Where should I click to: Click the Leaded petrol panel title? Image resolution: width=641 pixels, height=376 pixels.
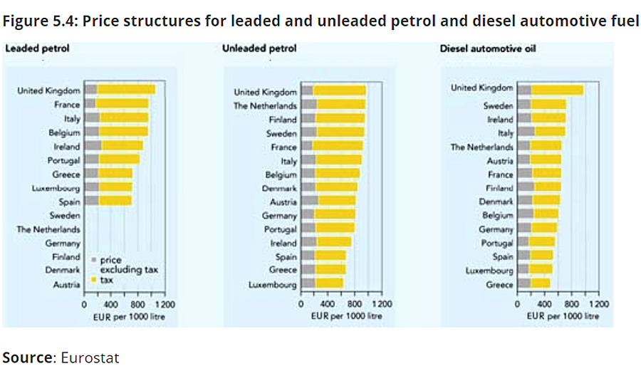click(37, 48)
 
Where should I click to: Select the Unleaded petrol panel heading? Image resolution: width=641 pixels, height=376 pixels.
click(259, 48)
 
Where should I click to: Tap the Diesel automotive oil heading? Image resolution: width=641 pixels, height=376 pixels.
click(488, 48)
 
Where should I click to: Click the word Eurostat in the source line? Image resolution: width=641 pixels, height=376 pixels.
click(90, 357)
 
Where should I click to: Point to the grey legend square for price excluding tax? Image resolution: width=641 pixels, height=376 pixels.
click(93, 260)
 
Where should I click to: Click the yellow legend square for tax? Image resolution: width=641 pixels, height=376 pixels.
click(93, 280)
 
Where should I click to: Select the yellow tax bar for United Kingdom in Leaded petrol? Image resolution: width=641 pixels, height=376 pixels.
click(126, 90)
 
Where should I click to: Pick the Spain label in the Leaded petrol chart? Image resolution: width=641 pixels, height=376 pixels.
click(69, 202)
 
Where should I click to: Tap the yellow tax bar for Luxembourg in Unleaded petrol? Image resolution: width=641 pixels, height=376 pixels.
click(329, 283)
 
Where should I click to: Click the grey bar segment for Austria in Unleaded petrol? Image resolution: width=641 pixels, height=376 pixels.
click(310, 201)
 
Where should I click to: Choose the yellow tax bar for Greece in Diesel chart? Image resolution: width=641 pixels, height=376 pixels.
click(541, 283)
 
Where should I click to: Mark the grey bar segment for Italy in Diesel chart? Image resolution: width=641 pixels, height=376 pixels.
click(526, 132)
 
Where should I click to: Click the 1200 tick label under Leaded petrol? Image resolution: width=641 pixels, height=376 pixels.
click(165, 305)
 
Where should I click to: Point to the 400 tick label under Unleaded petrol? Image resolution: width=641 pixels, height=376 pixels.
click(328, 304)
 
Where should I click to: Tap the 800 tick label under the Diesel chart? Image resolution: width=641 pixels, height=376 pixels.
click(571, 304)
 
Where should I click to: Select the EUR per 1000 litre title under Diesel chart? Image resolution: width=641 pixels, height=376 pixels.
click(563, 316)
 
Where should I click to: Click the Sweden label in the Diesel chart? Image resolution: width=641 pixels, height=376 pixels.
click(498, 106)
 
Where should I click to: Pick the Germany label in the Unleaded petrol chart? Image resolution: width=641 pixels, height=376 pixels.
click(279, 216)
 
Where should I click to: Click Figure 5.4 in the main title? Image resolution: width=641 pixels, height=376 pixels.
click(40, 21)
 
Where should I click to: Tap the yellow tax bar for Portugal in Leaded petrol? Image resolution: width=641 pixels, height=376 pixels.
click(120, 160)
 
